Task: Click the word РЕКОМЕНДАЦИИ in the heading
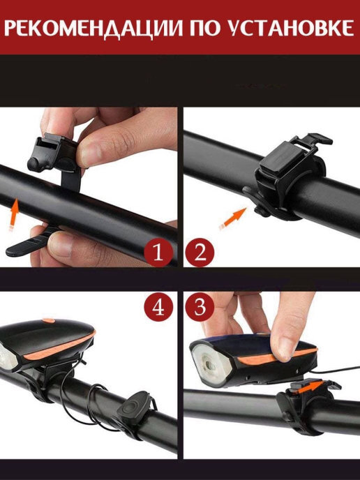(x=93, y=29)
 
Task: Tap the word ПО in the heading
(x=206, y=28)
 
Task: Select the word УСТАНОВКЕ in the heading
(x=292, y=28)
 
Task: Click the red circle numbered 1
(x=158, y=253)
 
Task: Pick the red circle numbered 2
(x=200, y=253)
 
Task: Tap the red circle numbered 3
(x=200, y=307)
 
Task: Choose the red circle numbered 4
(x=158, y=307)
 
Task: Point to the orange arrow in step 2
(x=233, y=218)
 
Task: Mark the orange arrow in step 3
(x=310, y=385)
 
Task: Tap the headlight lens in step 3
(x=211, y=364)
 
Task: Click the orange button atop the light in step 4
(x=49, y=321)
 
